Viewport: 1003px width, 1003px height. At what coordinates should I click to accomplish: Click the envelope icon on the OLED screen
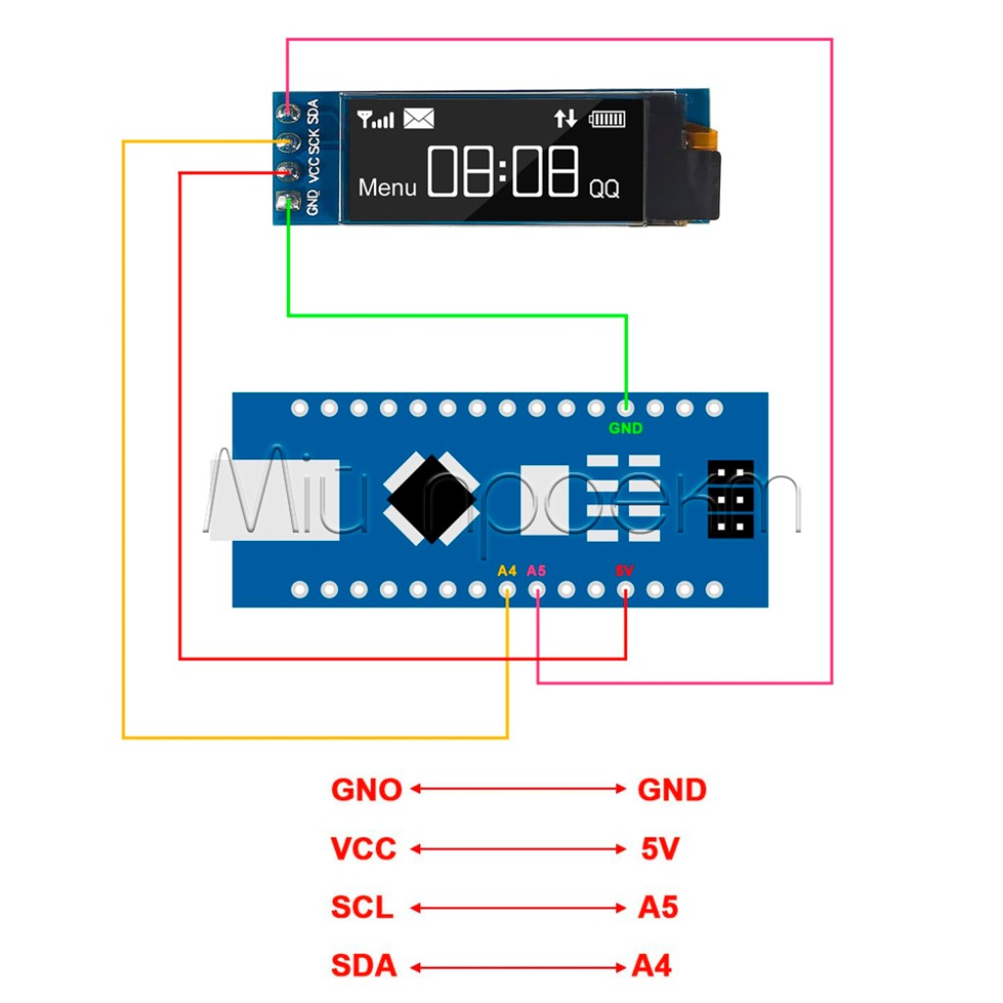(x=418, y=119)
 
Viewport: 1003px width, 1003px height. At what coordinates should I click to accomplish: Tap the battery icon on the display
(x=606, y=119)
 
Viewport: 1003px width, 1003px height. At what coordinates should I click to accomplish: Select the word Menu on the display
(x=387, y=187)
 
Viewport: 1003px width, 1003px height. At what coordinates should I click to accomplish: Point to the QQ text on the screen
(x=603, y=190)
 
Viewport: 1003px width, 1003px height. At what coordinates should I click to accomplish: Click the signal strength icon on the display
(x=376, y=119)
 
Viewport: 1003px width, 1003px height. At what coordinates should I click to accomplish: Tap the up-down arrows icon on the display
(x=565, y=119)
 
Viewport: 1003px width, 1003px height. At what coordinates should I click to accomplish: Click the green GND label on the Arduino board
(x=626, y=428)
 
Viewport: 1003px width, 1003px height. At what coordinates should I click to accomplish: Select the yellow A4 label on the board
(x=506, y=570)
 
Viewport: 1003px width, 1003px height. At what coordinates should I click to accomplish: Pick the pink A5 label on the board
(x=536, y=570)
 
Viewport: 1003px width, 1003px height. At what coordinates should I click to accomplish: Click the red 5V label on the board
(x=624, y=570)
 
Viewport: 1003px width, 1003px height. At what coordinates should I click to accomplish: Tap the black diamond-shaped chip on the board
(x=431, y=499)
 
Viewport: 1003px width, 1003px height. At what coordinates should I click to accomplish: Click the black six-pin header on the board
(x=731, y=499)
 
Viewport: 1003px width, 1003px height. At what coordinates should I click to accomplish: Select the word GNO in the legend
(x=366, y=789)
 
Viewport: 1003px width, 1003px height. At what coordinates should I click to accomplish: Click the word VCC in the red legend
(x=363, y=848)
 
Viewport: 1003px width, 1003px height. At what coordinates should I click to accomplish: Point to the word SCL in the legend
(x=361, y=908)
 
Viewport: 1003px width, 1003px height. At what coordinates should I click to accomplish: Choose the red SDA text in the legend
(x=363, y=967)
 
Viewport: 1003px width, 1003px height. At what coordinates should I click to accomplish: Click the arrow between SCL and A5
(x=518, y=908)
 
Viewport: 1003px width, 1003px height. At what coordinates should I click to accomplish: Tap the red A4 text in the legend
(x=651, y=967)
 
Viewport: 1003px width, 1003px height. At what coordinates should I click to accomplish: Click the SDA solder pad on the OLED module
(x=287, y=109)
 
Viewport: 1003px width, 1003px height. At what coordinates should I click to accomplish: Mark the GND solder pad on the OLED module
(x=287, y=203)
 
